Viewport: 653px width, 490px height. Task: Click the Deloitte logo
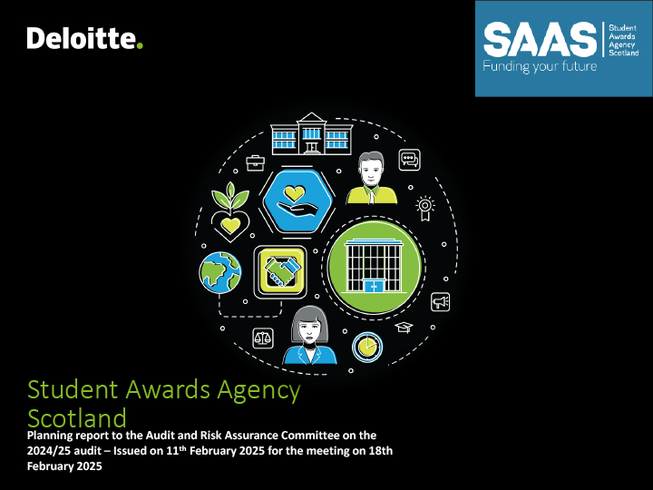(85, 38)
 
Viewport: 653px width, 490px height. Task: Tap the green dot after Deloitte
(140, 45)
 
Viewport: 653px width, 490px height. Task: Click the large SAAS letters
(541, 40)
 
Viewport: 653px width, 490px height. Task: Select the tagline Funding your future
(540, 66)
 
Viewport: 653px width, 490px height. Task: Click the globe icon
(220, 272)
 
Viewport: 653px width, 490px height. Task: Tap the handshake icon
(280, 272)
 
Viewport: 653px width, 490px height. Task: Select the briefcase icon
(255, 163)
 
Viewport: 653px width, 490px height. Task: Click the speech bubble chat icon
(409, 160)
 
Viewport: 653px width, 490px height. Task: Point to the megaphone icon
(440, 301)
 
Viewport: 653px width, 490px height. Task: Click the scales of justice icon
(263, 338)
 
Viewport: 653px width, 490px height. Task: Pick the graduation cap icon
(404, 327)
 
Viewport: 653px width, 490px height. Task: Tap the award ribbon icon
(424, 208)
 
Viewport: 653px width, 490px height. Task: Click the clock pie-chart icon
(367, 347)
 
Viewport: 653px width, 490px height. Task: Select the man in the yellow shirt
(372, 178)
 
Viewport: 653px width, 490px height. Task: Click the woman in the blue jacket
(310, 336)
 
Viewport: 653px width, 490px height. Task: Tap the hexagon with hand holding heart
(296, 201)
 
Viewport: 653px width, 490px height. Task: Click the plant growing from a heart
(230, 211)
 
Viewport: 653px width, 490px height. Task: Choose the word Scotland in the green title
(77, 418)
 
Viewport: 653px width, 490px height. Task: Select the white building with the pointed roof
(311, 133)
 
